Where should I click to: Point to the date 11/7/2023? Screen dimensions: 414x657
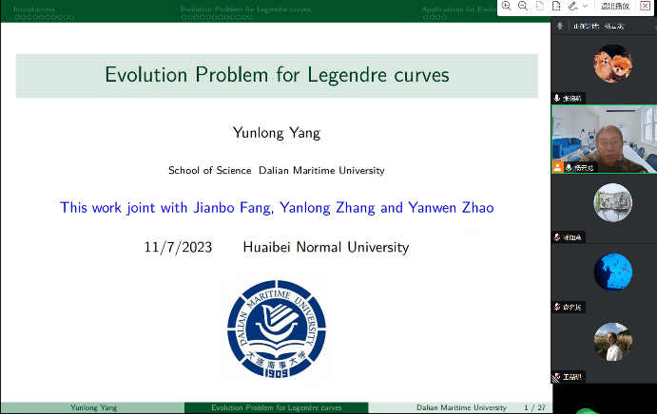pyautogui.click(x=176, y=247)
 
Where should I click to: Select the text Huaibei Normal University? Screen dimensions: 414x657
pyautogui.click(x=326, y=247)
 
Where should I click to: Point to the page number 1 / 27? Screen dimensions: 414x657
pyautogui.click(x=535, y=407)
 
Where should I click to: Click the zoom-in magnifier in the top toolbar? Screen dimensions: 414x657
pyautogui.click(x=507, y=6)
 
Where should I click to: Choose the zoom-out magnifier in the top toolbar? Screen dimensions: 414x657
pyautogui.click(x=523, y=6)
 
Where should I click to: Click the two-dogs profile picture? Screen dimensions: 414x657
pyautogui.click(x=605, y=64)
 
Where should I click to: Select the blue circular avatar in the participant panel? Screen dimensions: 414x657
pyautogui.click(x=612, y=273)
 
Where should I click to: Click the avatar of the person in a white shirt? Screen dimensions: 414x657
pyautogui.click(x=612, y=342)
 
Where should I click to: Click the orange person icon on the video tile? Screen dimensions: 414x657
pyautogui.click(x=558, y=166)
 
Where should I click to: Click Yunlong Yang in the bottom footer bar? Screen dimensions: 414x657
pyautogui.click(x=94, y=407)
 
